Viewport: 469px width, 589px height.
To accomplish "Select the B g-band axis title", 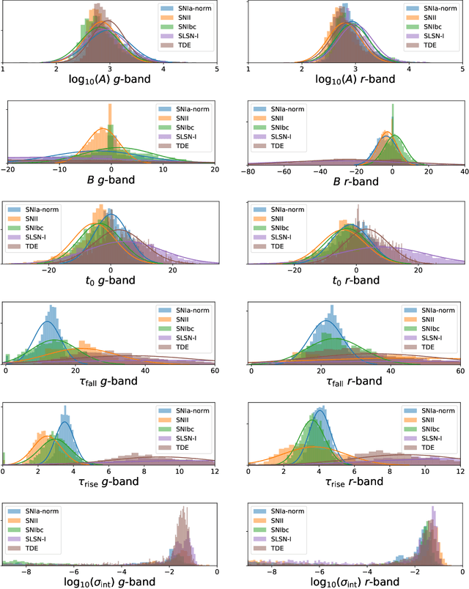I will coord(109,182).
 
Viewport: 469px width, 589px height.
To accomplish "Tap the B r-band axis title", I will coord(356,182).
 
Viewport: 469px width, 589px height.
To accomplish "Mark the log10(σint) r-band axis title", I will coord(356,580).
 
